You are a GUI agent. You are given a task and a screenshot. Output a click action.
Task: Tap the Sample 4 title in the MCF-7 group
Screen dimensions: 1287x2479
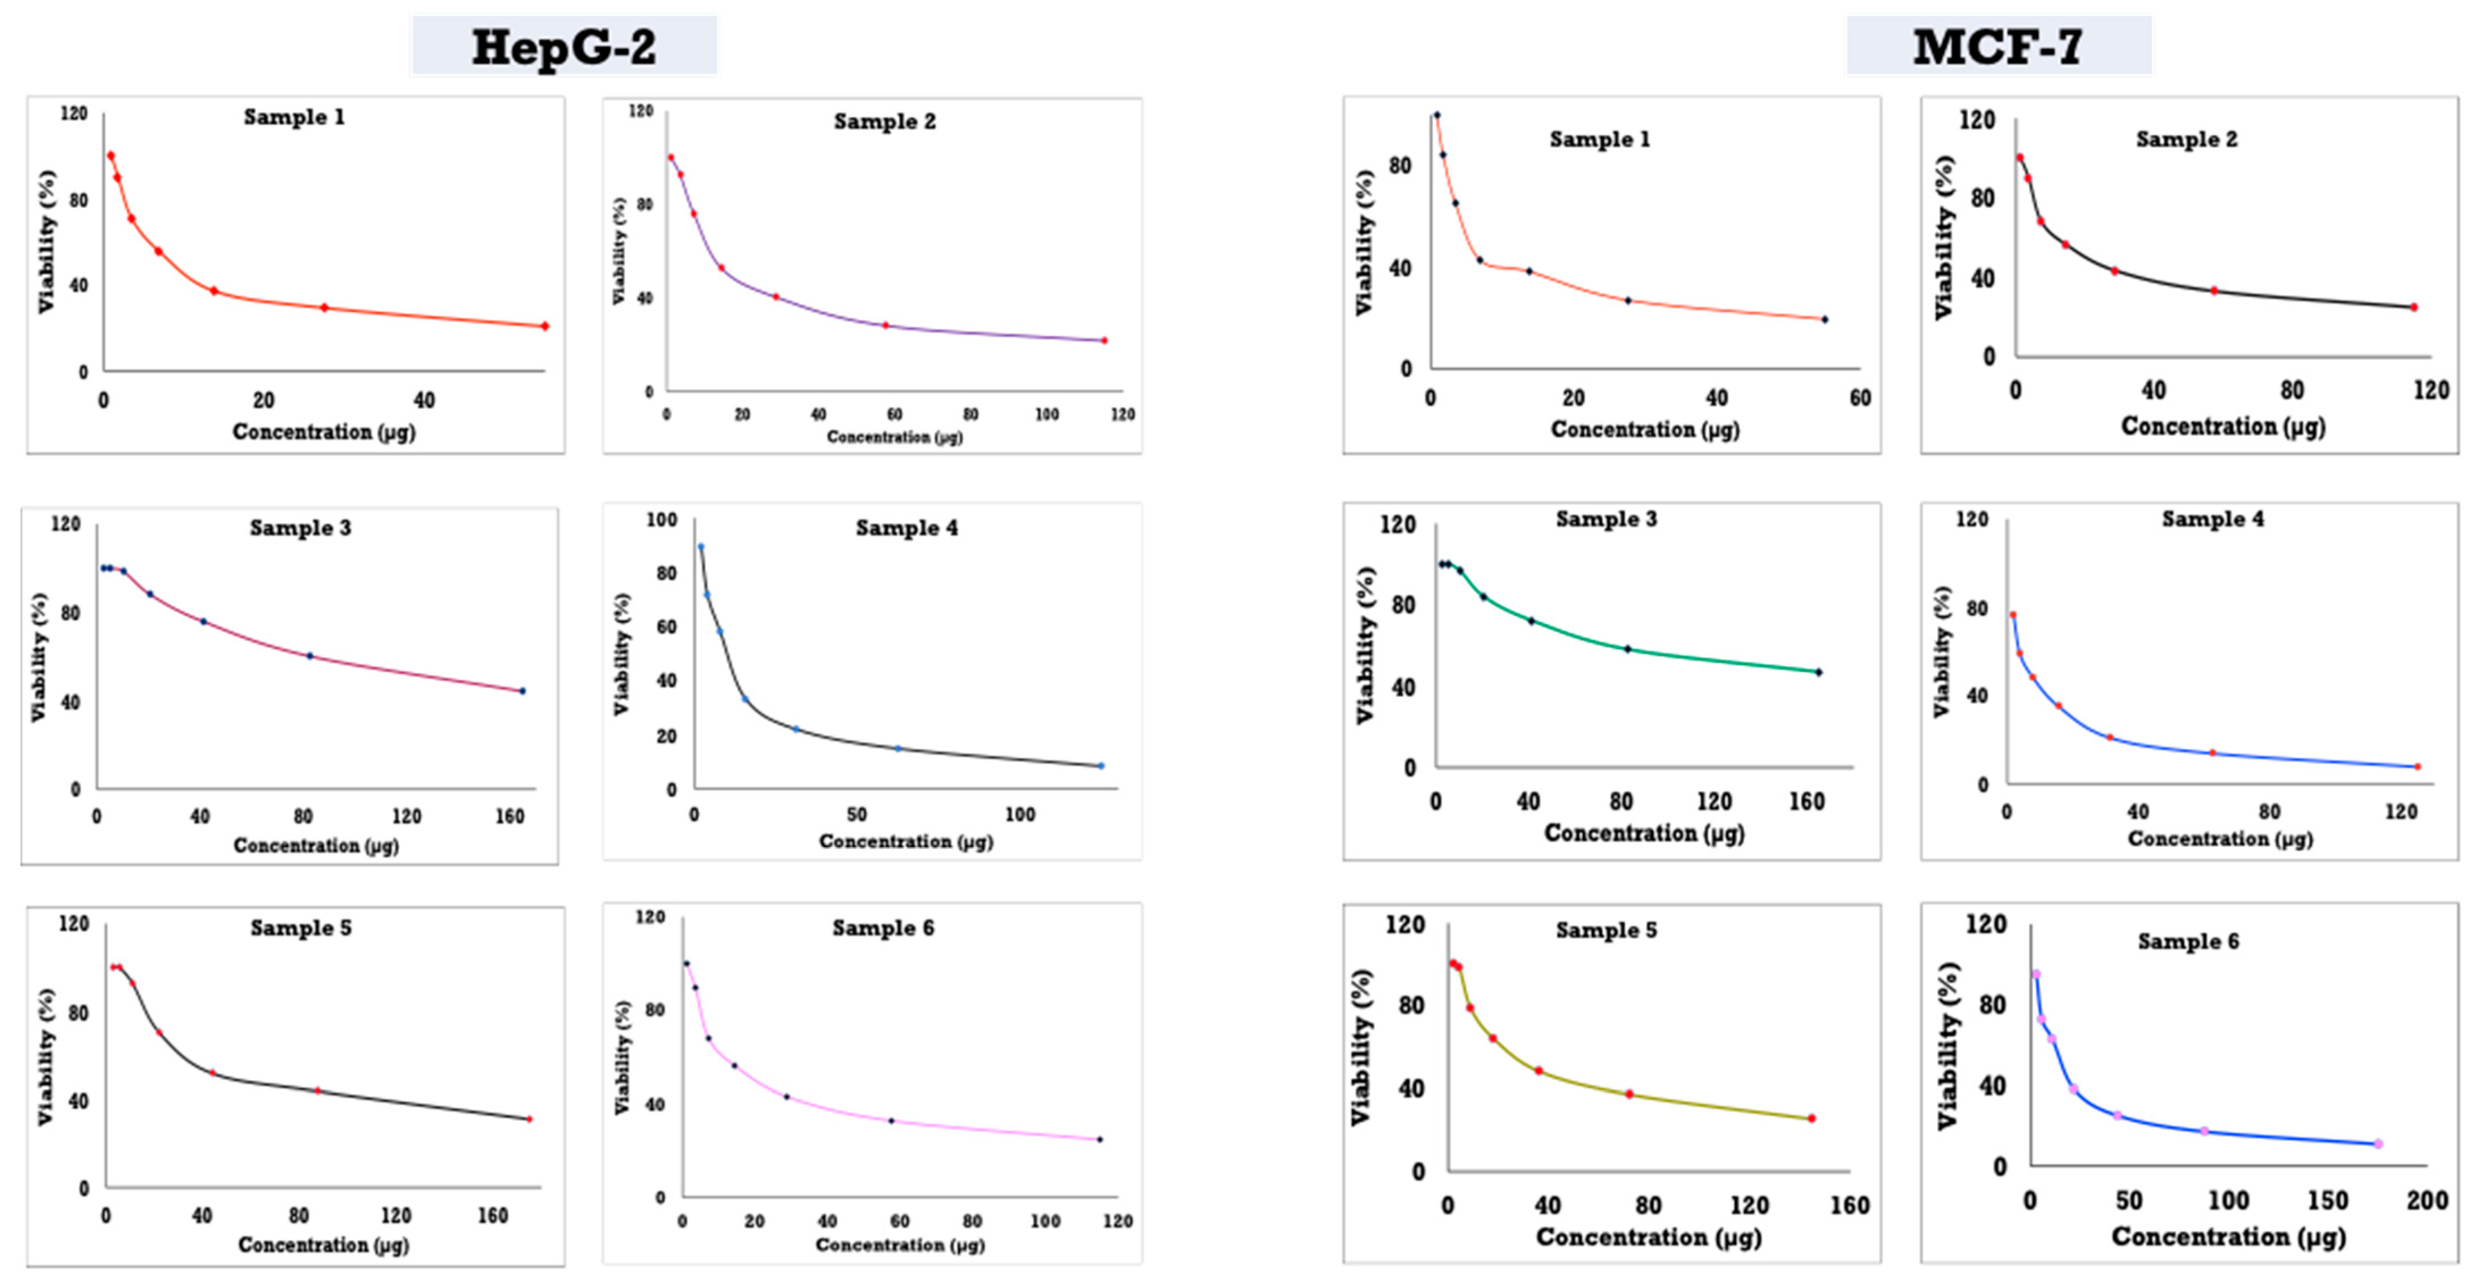(2213, 520)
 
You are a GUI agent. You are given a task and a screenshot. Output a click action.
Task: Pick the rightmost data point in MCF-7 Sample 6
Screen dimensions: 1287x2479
(2378, 1143)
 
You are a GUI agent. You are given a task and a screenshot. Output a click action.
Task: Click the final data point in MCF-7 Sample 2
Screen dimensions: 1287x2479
(2414, 308)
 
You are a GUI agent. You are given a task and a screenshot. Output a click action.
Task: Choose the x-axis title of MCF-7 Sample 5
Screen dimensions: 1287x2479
(1649, 1237)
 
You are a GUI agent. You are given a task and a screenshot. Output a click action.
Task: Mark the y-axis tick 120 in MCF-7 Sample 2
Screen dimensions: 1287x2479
(1976, 120)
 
